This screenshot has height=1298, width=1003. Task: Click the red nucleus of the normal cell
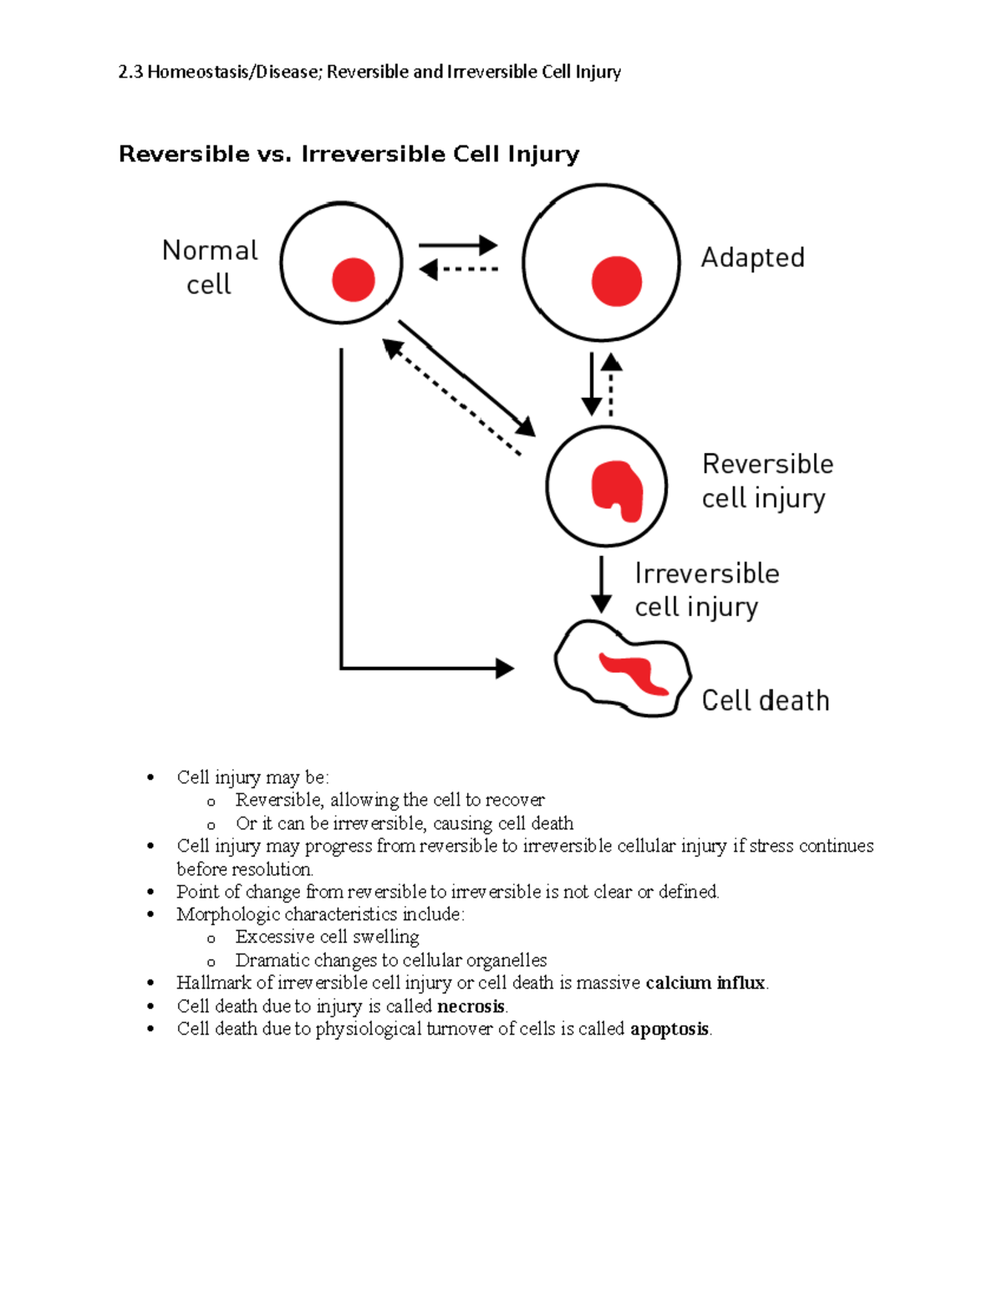353,279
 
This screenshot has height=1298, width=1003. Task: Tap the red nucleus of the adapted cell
616,281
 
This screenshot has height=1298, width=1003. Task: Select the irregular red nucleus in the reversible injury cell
617,490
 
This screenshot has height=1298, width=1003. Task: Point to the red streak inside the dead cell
634,674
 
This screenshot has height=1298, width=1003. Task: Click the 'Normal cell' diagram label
209,267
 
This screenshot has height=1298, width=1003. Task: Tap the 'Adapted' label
752,257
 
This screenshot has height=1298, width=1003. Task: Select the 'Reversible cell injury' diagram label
766,481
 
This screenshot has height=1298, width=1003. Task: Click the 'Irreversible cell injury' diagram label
706,590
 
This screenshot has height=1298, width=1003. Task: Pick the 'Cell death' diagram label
765,700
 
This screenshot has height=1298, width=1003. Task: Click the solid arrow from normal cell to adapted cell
457,246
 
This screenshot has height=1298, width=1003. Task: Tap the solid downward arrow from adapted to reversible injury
592,384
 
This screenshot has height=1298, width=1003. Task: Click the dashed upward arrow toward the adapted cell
611,384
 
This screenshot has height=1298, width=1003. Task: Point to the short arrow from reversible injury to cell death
601,586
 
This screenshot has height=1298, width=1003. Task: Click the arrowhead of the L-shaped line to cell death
504,669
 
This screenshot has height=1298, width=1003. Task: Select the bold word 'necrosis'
471,1006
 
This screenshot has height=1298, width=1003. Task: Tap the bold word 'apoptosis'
669,1029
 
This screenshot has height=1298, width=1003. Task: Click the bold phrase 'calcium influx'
705,983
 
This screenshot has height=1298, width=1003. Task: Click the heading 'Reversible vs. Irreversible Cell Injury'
349,155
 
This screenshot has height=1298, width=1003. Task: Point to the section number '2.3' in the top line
130,72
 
